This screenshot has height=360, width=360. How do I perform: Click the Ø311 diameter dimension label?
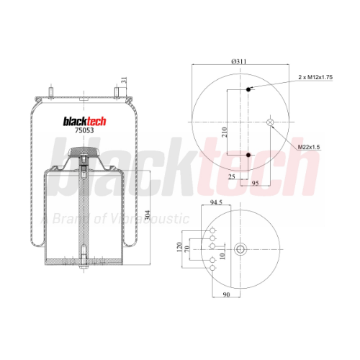pyautogui.click(x=239, y=61)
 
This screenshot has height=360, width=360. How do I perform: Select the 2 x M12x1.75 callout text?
pyautogui.click(x=315, y=77)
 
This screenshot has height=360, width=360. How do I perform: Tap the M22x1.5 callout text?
pyautogui.click(x=309, y=147)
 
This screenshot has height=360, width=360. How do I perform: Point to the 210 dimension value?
pyautogui.click(x=224, y=132)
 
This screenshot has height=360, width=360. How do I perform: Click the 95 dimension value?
pyautogui.click(x=255, y=183)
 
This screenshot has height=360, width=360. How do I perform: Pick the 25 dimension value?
pyautogui.click(x=232, y=177)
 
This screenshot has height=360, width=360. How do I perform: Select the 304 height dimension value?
pyautogui.click(x=148, y=215)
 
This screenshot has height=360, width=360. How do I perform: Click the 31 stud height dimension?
pyautogui.click(x=124, y=81)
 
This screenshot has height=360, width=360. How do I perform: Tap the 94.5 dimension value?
pyautogui.click(x=216, y=202)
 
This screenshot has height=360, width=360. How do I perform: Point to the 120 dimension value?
pyautogui.click(x=179, y=247)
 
